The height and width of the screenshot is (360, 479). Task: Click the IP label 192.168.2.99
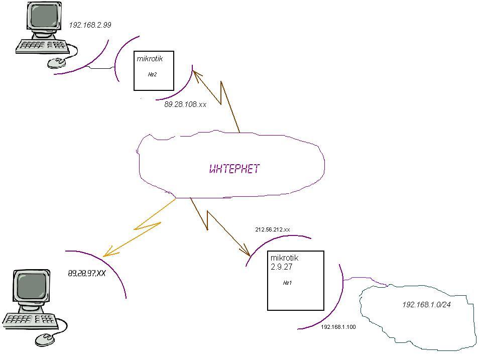(90, 25)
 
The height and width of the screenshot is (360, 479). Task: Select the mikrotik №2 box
(154, 71)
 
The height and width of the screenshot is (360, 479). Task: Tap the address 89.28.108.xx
(185, 104)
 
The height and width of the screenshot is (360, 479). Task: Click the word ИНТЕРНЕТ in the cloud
(234, 169)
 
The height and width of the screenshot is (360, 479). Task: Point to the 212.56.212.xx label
(273, 229)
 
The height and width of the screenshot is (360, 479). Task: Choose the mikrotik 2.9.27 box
(296, 281)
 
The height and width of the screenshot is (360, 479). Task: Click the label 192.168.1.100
(338, 327)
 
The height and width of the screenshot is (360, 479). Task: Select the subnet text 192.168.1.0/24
(426, 304)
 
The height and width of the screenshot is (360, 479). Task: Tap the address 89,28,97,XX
(86, 274)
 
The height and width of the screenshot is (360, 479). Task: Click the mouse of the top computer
(57, 62)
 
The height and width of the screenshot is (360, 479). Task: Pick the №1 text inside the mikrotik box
(288, 283)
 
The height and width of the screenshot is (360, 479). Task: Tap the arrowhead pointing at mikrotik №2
(197, 73)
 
